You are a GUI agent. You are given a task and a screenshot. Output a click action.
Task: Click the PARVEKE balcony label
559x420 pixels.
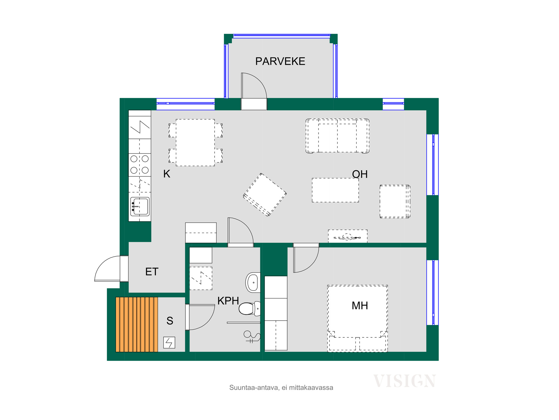(280, 61)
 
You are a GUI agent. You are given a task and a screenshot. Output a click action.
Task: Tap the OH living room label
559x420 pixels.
(360, 174)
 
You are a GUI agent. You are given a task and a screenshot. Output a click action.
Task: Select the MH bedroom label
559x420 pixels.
(360, 306)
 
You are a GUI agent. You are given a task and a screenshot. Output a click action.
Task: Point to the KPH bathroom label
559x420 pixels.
(228, 301)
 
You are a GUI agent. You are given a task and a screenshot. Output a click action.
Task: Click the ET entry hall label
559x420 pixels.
(152, 272)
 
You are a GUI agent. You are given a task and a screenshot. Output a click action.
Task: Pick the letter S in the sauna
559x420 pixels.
(170, 321)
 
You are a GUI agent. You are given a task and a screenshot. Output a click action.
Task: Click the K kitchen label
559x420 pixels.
(167, 174)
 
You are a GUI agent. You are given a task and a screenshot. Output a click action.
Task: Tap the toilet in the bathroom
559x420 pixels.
(250, 309)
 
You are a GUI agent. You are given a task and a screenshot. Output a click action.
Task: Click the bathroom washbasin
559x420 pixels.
(253, 282)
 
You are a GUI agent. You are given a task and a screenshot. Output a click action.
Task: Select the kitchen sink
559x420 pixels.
(140, 206)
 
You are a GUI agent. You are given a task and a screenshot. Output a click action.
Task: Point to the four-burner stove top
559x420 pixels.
(140, 165)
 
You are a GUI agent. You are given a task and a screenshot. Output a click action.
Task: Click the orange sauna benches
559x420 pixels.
(137, 324)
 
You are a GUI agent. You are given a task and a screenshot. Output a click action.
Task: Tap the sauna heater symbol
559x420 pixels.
(169, 342)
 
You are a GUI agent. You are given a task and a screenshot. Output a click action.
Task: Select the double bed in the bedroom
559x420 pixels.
(358, 318)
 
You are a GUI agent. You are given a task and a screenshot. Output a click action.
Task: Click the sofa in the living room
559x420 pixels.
(337, 136)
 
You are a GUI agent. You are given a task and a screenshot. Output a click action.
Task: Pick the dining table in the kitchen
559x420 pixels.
(195, 143)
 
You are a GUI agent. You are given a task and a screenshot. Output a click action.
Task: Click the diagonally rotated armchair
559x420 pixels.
(265, 195)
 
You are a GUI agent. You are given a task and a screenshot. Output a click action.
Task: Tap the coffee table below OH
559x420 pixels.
(335, 190)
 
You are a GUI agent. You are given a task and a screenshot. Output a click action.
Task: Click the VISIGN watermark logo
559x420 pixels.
(404, 381)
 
